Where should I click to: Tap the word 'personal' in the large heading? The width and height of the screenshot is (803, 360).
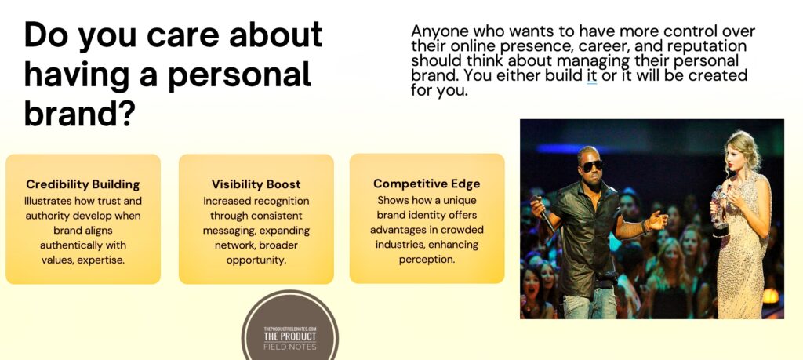tap(240, 74)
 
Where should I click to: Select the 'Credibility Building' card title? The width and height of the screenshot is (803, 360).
tap(83, 184)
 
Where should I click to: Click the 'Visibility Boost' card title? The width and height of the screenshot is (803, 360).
tap(256, 184)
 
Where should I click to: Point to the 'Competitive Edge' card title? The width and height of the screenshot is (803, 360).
tap(427, 184)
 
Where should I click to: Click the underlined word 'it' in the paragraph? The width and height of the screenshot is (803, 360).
tap(591, 76)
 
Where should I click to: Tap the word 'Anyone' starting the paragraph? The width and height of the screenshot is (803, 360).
tap(435, 31)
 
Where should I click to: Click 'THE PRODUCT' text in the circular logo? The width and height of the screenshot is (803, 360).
tap(290, 336)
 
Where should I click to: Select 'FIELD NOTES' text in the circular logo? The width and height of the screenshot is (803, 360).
tap(290, 347)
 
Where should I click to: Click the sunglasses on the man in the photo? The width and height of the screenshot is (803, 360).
tap(592, 165)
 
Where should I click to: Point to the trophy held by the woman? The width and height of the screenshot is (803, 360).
tap(719, 210)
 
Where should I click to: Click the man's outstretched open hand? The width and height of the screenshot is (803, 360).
tap(656, 220)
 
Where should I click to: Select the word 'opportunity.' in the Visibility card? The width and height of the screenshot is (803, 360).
tap(256, 260)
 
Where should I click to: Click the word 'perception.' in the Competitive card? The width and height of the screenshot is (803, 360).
tap(427, 260)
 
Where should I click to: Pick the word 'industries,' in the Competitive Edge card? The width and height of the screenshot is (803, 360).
tap(399, 245)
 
